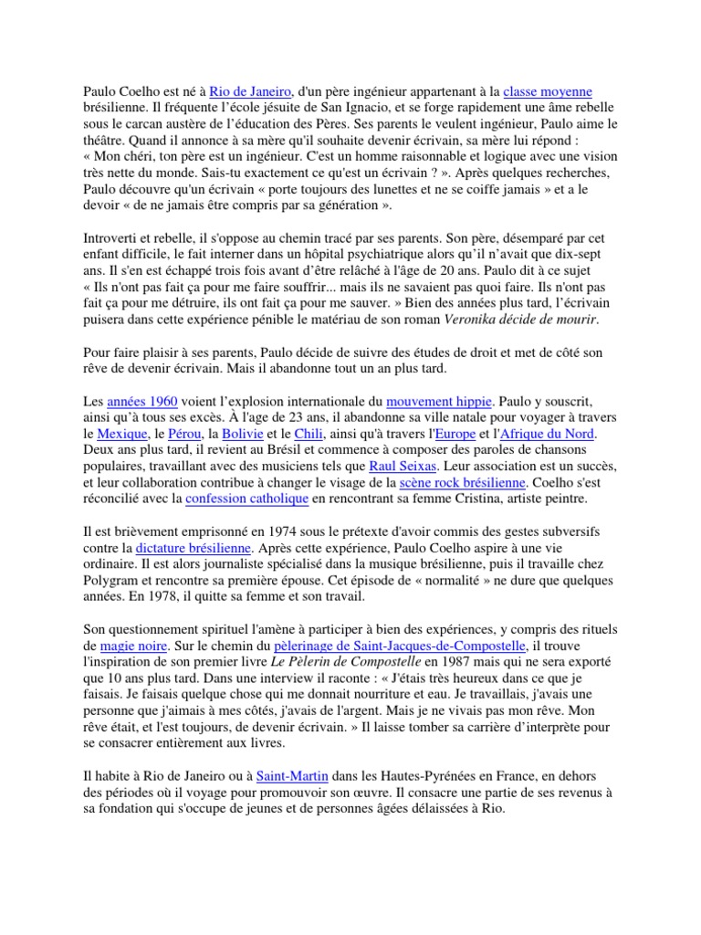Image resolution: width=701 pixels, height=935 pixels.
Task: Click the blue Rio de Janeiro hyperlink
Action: coord(249,92)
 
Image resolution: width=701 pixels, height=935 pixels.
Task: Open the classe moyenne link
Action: coord(548,92)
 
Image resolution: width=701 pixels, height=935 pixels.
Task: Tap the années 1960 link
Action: coord(142,401)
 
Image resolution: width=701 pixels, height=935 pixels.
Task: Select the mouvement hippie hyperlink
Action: coord(439,401)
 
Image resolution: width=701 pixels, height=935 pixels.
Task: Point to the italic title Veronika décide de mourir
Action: coord(521,319)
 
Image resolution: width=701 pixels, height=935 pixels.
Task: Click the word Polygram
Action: coord(110,581)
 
